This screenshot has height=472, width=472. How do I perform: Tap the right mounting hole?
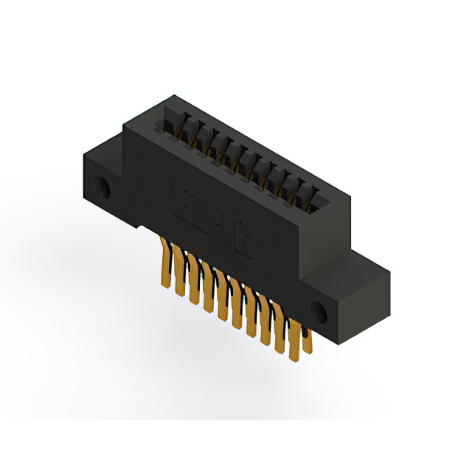319,310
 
